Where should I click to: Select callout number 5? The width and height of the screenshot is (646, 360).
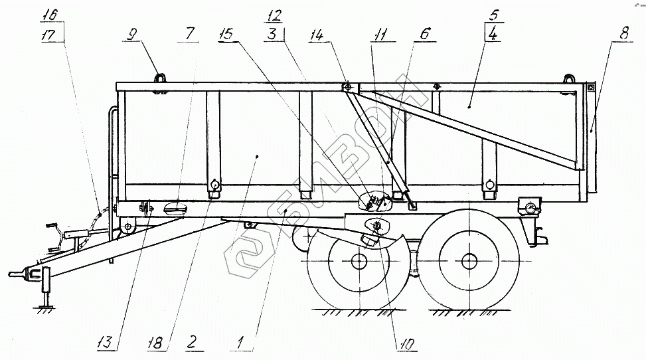(492, 14)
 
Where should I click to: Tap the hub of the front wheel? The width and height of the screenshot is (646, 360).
(359, 261)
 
